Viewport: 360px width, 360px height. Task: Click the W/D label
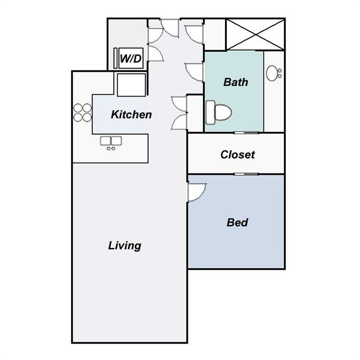coord(131,59)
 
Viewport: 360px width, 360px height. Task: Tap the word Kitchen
coord(131,114)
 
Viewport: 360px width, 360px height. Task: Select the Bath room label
coord(235,82)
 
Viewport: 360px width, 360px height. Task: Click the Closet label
coord(237,154)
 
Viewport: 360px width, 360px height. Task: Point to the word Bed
coord(237,222)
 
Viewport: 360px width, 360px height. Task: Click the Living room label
coord(125,245)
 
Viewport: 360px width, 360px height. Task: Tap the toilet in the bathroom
coord(218,112)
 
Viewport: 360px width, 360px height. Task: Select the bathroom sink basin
coord(273,73)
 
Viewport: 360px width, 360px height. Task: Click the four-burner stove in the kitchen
coord(82,112)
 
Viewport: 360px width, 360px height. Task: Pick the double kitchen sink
coord(111,141)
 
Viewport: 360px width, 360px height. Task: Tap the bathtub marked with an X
coord(255,34)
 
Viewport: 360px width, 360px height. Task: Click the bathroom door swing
coord(194,72)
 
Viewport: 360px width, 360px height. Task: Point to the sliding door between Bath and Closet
coord(246,133)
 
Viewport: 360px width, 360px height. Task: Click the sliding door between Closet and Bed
coord(246,174)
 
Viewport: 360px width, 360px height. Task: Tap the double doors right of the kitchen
coord(180,112)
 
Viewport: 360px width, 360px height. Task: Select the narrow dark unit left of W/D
coord(115,59)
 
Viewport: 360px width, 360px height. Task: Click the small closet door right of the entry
coord(194,33)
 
